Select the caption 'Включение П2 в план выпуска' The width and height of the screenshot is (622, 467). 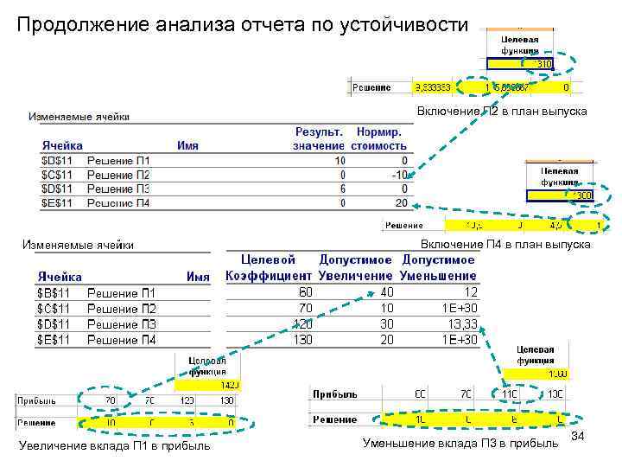click(501, 112)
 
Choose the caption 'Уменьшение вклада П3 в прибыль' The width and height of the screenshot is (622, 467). click(460, 444)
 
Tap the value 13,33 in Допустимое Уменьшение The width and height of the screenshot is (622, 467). click(460, 324)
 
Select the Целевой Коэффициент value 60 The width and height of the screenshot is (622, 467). click(304, 293)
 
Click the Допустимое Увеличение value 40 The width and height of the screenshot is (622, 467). click(386, 293)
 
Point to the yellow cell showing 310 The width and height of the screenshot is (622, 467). click(543, 63)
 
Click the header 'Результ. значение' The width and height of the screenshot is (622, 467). click(318, 139)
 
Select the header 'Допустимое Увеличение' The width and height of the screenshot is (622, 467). click(357, 267)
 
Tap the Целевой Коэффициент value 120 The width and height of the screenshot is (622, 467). click(301, 324)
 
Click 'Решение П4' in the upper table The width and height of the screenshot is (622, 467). click(118, 203)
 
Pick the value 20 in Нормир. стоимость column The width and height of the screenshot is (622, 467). click(400, 203)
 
